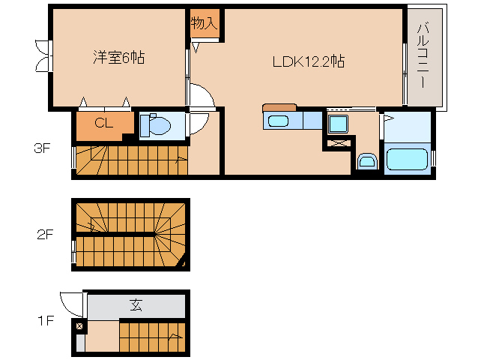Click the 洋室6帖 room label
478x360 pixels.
click(118, 57)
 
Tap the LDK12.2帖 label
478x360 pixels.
click(308, 62)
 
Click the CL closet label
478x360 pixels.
click(103, 124)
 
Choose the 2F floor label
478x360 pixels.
click(45, 234)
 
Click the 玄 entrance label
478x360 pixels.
click(136, 305)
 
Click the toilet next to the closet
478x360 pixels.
click(156, 125)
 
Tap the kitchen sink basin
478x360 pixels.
click(278, 121)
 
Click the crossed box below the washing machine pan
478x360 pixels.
click(338, 142)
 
